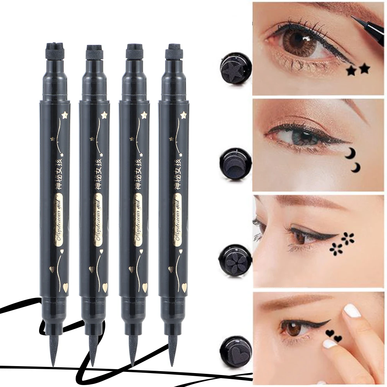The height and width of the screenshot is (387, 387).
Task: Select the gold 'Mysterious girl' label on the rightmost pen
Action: tap(177, 220)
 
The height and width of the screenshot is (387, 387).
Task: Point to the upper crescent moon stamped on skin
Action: tap(351, 153)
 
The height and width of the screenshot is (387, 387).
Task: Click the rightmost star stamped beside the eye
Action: tap(364, 69)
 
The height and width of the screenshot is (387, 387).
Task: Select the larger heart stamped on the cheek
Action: tap(330, 333)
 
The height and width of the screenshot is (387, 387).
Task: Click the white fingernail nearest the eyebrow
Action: tap(353, 310)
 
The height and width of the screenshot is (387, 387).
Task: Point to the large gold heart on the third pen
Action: tap(145, 288)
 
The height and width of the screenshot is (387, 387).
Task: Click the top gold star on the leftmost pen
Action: tap(64, 115)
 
